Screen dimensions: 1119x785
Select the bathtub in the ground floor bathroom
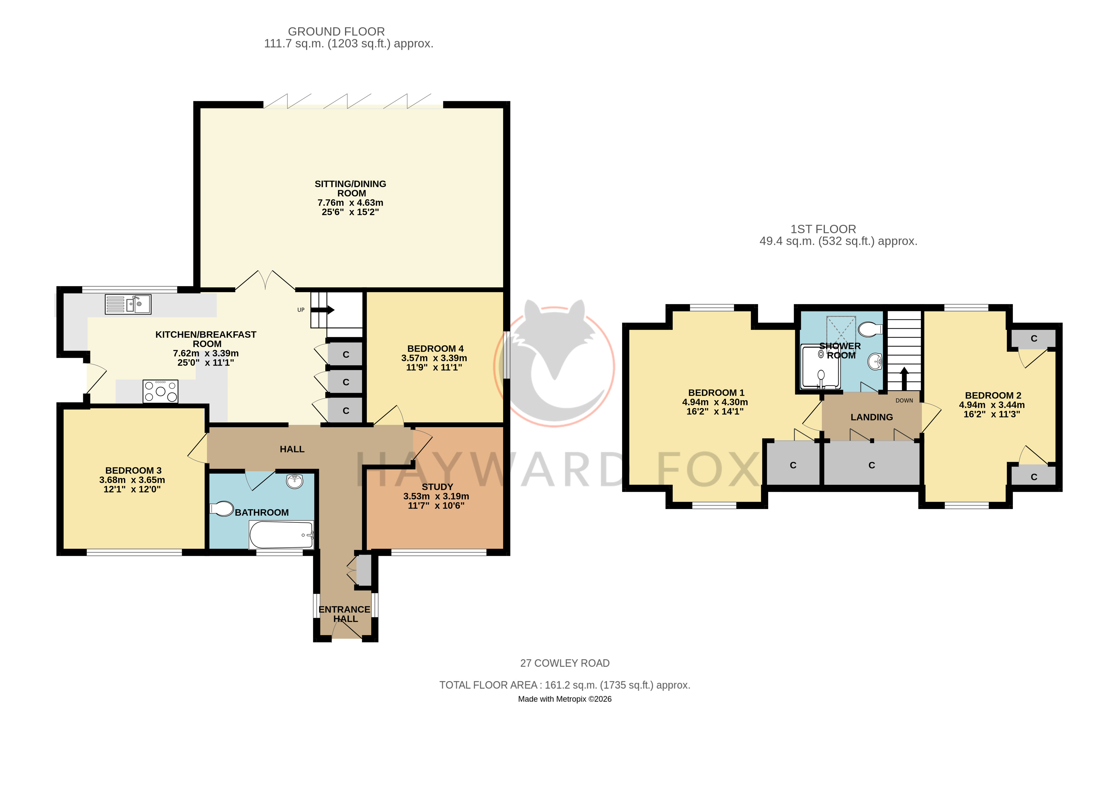tap(281, 535)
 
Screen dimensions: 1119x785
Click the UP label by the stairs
tap(301, 310)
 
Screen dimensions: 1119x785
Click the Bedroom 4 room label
tap(435, 348)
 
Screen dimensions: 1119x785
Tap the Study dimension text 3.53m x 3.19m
tap(436, 496)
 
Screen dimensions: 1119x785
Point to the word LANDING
tap(872, 417)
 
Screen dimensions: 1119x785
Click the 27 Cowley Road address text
tap(565, 663)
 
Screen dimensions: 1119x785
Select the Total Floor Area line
tap(565, 685)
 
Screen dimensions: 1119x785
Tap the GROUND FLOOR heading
tap(336, 32)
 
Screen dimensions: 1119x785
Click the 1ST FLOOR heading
tap(823, 229)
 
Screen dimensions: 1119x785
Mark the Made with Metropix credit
tap(565, 699)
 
